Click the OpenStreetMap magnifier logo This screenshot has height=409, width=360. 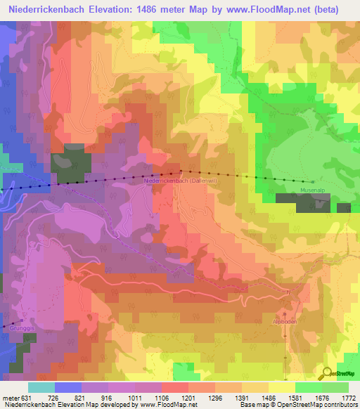326,374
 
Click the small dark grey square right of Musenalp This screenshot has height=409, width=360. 343,207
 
